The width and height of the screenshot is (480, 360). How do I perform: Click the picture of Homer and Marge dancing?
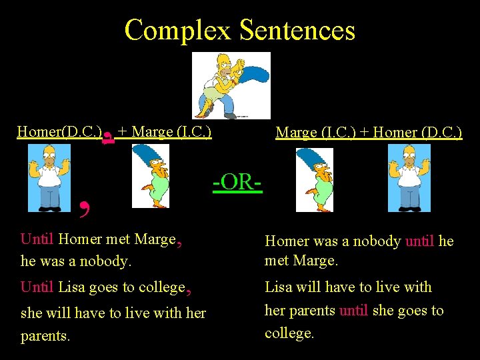pos(231,85)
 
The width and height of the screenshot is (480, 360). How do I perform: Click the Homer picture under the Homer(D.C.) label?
pos(49,178)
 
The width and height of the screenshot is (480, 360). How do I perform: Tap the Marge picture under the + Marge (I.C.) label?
pos(150,178)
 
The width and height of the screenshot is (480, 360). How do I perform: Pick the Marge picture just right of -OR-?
pos(314,179)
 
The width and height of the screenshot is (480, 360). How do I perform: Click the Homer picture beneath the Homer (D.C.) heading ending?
pos(409,178)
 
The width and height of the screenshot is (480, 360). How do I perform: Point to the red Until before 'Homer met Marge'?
pos(37,239)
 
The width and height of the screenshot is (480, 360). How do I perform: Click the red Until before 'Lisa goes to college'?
pos(37,287)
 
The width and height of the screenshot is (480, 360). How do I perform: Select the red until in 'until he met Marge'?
pos(419,241)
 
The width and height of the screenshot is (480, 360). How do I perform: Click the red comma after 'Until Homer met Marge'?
pos(180,241)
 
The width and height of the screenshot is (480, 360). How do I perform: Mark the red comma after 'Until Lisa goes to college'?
pos(189,289)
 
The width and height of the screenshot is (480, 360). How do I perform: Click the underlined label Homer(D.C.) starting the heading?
pos(59,131)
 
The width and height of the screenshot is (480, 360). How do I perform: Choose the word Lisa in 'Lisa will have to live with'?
pos(279,287)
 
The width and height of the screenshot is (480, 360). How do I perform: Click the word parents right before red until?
pos(315,311)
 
